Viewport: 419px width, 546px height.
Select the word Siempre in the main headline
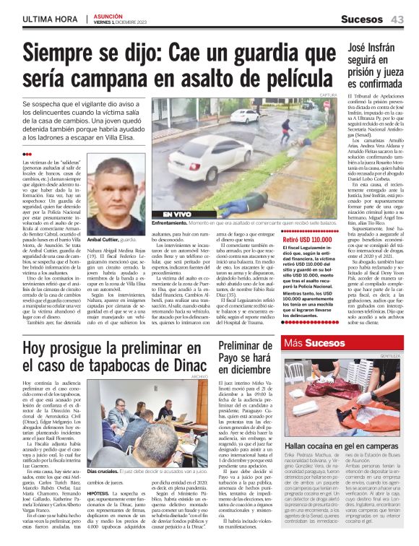coord(70,53)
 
